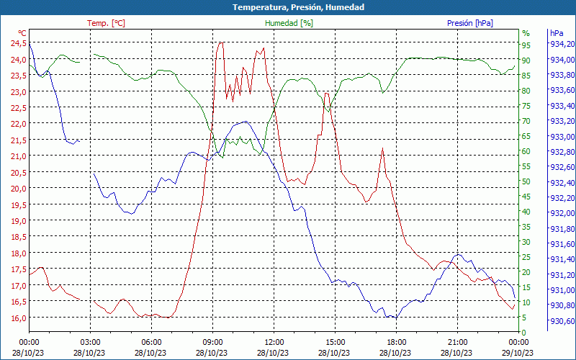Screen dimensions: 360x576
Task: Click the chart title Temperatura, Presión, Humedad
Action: [x=288, y=7]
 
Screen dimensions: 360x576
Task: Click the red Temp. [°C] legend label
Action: [x=106, y=23]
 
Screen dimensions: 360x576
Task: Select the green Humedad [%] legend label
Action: [x=289, y=23]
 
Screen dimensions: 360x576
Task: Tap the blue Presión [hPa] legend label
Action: [x=470, y=23]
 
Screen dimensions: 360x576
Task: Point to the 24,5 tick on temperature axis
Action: [x=18, y=42]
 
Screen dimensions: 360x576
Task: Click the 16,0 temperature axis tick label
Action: [x=18, y=318]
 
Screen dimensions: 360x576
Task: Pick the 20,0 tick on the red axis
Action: [x=18, y=188]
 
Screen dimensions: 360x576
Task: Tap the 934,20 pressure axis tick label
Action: [x=561, y=45]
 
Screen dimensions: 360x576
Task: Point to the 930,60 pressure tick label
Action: [x=561, y=321]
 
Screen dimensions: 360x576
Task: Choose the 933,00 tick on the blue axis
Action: [x=561, y=137]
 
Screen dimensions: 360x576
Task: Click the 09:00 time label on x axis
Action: [x=212, y=342]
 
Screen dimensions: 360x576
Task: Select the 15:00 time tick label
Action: [x=335, y=342]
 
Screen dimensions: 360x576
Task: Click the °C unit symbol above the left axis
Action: [x=22, y=33]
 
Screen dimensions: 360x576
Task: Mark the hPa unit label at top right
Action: [x=556, y=33]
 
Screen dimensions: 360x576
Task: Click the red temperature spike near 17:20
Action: [x=382, y=149]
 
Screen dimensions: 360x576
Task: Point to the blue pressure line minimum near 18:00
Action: [x=393, y=318]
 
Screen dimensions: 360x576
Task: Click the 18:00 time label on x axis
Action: [x=396, y=342]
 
